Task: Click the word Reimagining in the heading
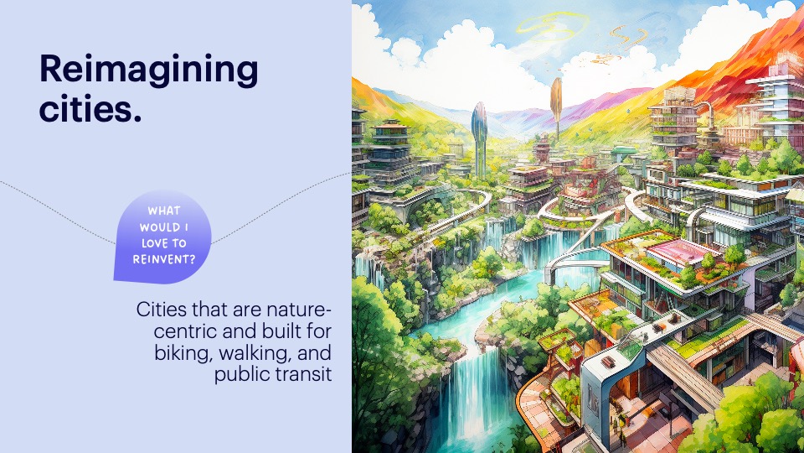coord(149,70)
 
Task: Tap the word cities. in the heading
coord(90,109)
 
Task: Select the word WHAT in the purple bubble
coord(164,211)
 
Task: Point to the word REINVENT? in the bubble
coord(164,259)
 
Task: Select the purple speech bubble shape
coord(162,237)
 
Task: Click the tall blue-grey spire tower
coord(479,138)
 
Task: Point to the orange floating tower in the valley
coord(556,102)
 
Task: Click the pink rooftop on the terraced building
coord(677,253)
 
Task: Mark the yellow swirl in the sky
coord(552,27)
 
